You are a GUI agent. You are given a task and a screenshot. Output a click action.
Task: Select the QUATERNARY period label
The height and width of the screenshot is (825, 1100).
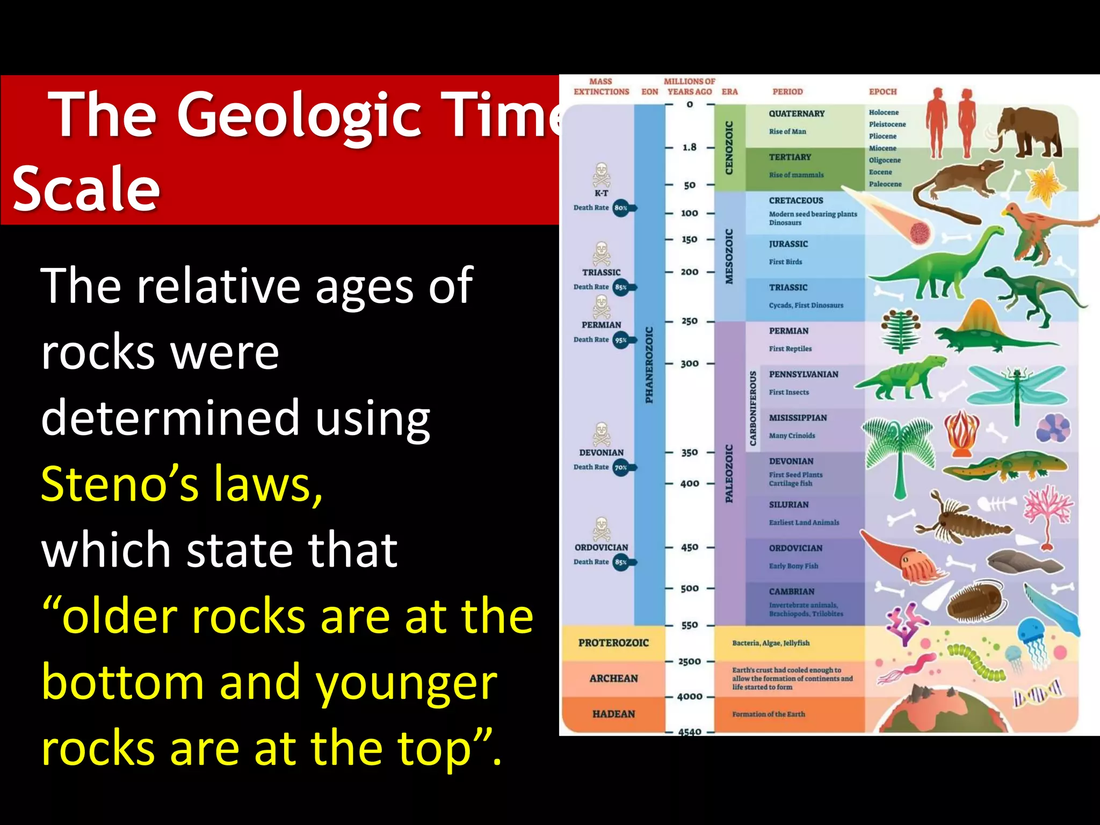(x=796, y=114)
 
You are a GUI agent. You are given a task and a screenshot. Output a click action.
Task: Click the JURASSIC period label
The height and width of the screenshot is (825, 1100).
(x=788, y=244)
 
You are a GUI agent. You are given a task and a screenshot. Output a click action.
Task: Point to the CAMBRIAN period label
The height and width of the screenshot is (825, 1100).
(x=791, y=591)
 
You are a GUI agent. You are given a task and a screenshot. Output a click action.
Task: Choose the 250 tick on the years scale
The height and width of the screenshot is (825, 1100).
(x=690, y=321)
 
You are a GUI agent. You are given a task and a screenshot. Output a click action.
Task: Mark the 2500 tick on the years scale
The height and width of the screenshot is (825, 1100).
(x=690, y=661)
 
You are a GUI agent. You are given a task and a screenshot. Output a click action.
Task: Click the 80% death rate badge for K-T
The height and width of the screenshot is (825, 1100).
(x=621, y=208)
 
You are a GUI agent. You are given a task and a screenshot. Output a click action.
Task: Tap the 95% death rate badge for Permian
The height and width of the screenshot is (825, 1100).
(x=621, y=340)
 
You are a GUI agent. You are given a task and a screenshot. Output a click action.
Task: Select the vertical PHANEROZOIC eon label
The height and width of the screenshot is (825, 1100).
(x=649, y=365)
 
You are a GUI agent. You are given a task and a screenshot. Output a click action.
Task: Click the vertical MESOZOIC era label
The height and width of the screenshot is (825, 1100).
(x=729, y=256)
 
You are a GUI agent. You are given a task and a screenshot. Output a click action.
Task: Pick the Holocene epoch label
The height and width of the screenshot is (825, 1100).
(x=884, y=112)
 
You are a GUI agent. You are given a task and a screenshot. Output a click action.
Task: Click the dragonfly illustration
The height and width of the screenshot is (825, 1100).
(x=1015, y=387)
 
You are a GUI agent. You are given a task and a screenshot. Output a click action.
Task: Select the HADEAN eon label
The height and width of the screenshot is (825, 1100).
(x=613, y=714)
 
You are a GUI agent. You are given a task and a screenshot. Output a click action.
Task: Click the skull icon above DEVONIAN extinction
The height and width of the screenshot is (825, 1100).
(x=601, y=434)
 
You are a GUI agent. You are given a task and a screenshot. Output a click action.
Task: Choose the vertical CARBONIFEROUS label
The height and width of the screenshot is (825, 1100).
(x=753, y=408)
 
